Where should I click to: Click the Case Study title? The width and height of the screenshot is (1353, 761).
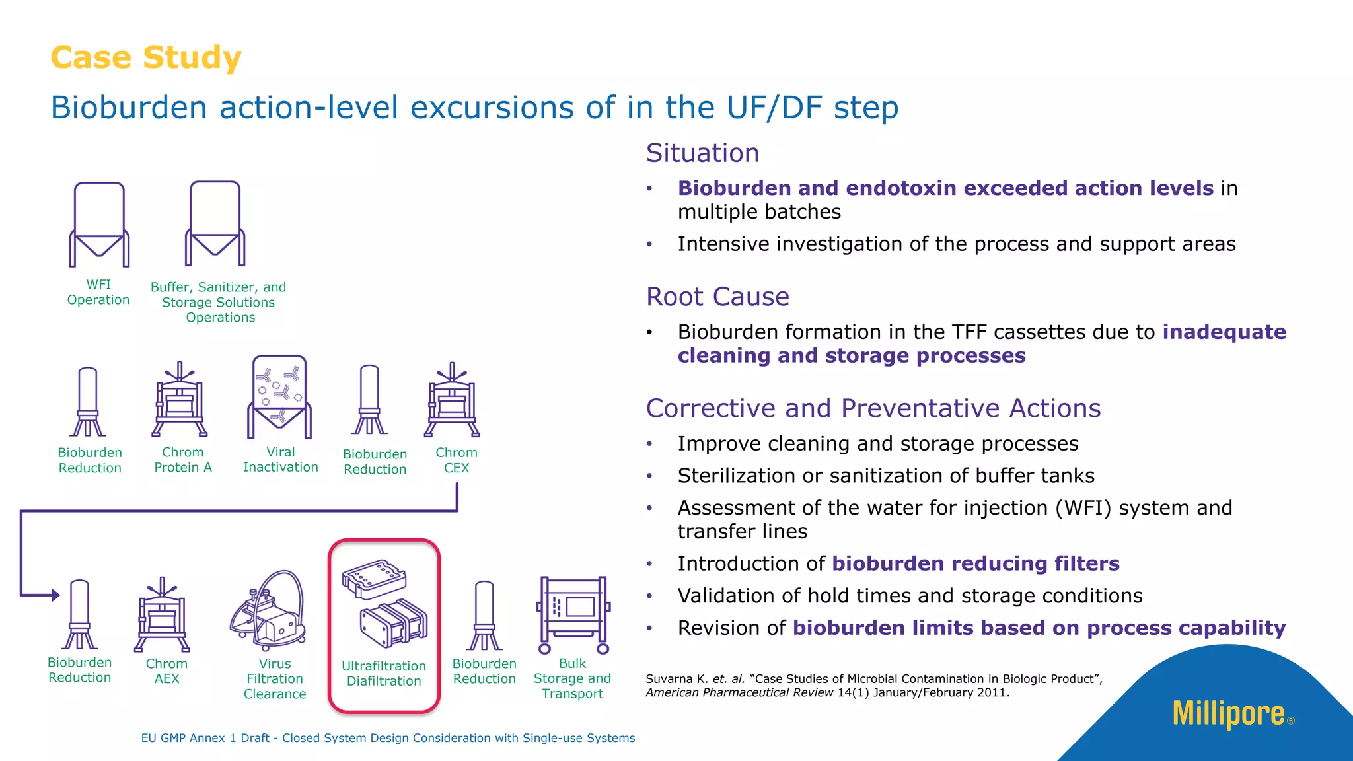[146, 57]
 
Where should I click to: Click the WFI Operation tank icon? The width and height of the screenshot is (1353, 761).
[99, 225]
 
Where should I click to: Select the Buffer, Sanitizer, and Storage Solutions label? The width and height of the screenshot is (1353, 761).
[219, 303]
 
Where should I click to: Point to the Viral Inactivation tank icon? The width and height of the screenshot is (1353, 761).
[279, 397]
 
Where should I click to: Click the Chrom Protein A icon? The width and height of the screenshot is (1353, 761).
[180, 401]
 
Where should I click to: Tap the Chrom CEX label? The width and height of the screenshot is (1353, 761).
[457, 460]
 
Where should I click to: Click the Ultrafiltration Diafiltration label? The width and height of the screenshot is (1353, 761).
[384, 674]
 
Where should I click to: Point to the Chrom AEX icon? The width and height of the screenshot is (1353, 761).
[163, 616]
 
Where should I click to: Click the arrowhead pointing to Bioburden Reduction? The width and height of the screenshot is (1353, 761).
[55, 595]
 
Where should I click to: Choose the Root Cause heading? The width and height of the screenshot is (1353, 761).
[717, 297]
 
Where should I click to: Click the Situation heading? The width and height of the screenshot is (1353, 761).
[702, 153]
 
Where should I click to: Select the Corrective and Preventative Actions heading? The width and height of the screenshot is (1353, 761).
[873, 408]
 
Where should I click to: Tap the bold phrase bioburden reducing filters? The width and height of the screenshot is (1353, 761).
[975, 563]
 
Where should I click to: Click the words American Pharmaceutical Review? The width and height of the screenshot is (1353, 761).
[739, 693]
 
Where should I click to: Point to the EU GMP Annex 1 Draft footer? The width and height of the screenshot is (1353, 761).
[388, 738]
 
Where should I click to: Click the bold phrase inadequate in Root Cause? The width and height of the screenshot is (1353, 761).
[1224, 332]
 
